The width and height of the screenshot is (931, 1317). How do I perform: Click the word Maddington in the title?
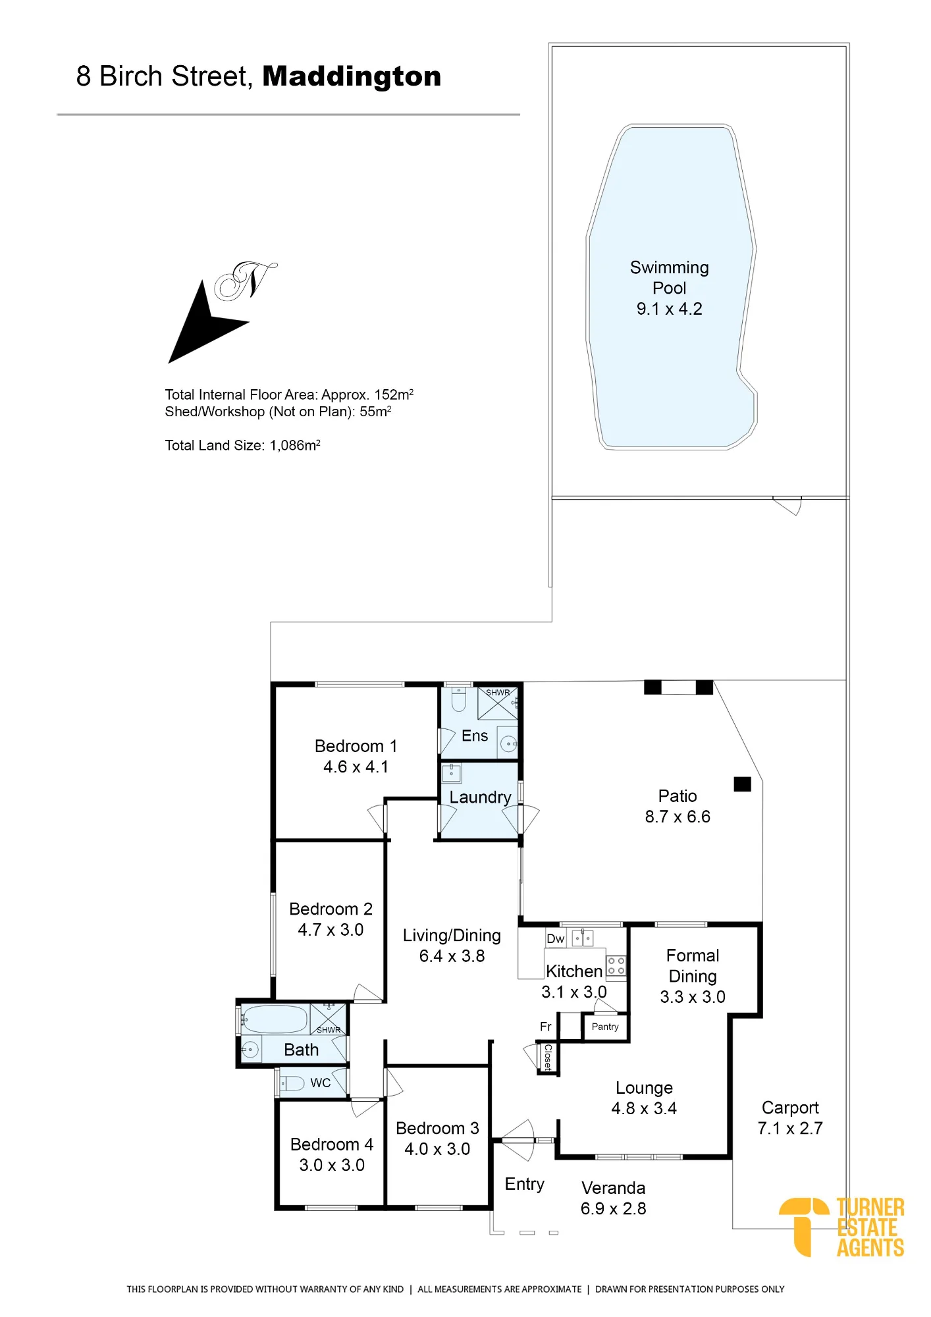[352, 76]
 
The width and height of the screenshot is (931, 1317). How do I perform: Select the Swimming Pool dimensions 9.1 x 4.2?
[669, 309]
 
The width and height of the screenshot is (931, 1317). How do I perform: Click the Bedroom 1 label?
[356, 746]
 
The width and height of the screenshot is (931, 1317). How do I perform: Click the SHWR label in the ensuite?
[498, 693]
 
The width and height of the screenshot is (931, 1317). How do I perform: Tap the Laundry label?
[480, 797]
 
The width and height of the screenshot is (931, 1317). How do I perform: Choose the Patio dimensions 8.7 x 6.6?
[678, 817]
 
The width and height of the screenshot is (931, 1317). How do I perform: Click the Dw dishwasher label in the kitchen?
[555, 939]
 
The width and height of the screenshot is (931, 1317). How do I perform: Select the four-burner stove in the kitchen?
[616, 966]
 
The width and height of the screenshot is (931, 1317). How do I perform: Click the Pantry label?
[605, 1027]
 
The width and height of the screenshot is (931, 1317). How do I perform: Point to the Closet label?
[548, 1058]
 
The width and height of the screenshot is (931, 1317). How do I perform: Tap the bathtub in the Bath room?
[274, 1019]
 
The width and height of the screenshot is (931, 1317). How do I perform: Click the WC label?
[321, 1083]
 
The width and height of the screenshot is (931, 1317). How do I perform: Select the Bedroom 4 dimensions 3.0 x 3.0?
[332, 1166]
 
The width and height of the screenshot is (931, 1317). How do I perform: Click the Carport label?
[790, 1108]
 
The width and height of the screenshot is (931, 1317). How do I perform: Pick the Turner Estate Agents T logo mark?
[803, 1226]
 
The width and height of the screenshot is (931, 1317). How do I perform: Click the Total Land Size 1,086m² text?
[242, 445]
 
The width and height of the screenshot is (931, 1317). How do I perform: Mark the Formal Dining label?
[693, 966]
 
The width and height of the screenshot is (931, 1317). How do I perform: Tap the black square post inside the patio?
[743, 784]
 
